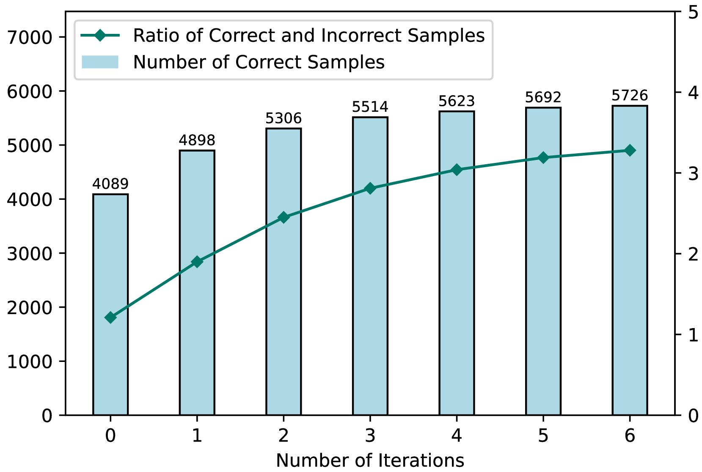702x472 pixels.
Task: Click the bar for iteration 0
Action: [110, 304]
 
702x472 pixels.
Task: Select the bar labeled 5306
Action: [284, 271]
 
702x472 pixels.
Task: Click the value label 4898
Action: [197, 140]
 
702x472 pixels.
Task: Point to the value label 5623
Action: [457, 101]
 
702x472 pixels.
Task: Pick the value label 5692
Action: [543, 97]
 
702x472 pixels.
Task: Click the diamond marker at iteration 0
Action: [110, 317]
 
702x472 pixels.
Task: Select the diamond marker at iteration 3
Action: [370, 188]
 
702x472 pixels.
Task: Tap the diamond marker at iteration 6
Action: [630, 150]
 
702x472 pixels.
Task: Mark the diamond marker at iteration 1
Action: [197, 262]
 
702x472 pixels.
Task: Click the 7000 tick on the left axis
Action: [30, 37]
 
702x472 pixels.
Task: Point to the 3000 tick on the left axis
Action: [30, 254]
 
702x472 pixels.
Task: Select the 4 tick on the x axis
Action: [457, 436]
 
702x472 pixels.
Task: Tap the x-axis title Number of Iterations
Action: [370, 461]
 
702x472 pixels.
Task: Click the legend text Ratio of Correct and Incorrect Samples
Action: [308, 36]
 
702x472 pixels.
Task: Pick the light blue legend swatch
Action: [100, 62]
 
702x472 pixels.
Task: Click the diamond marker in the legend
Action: [100, 35]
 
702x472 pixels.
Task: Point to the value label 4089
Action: [110, 184]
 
